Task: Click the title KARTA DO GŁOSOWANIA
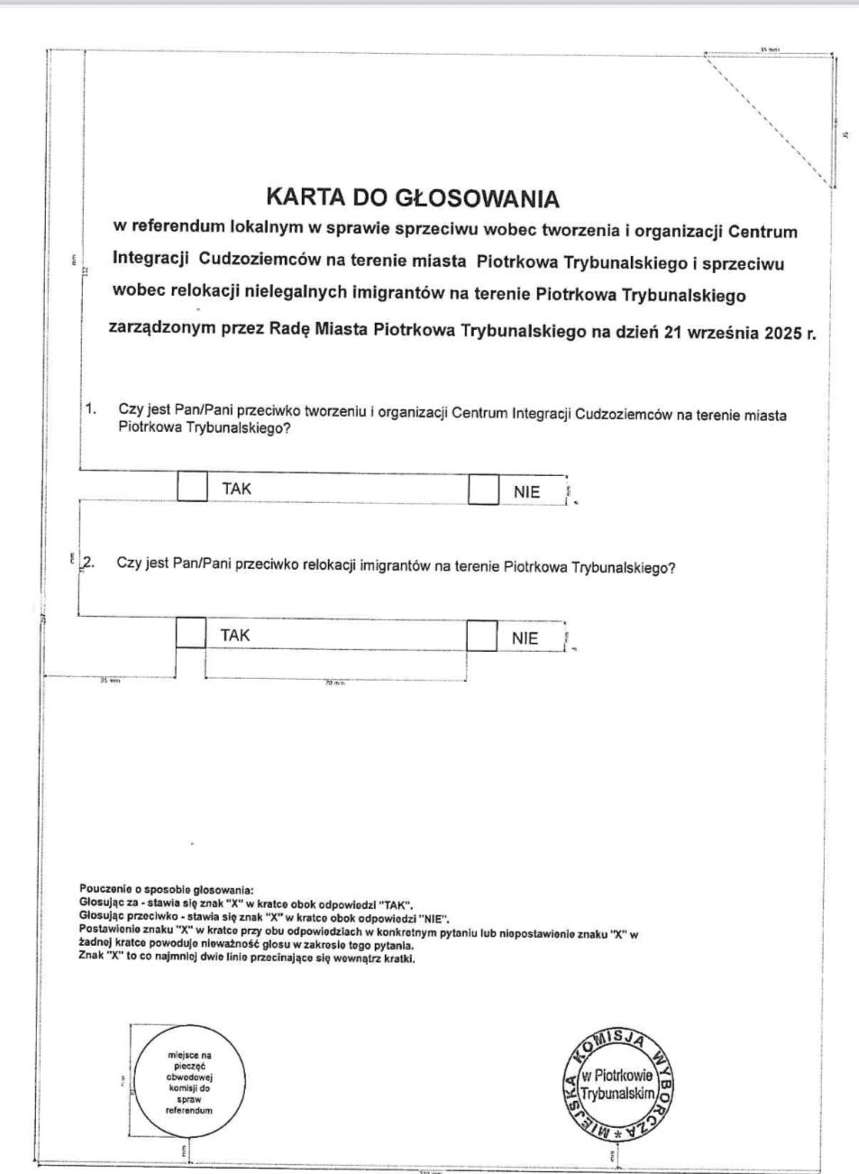pyautogui.click(x=412, y=197)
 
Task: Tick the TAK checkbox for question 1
pyautogui.click(x=191, y=488)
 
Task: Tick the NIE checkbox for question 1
pyautogui.click(x=483, y=491)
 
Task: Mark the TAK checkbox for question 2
pyautogui.click(x=190, y=633)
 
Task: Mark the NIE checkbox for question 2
pyautogui.click(x=481, y=636)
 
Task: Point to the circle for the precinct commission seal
pyautogui.click(x=188, y=1082)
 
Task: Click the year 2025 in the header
pyautogui.click(x=782, y=332)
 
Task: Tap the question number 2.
pyautogui.click(x=88, y=564)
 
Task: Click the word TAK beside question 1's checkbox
pyautogui.click(x=236, y=489)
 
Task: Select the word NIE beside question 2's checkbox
pyautogui.click(x=525, y=638)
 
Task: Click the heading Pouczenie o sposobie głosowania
pyautogui.click(x=167, y=890)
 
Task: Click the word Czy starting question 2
pyautogui.click(x=129, y=564)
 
